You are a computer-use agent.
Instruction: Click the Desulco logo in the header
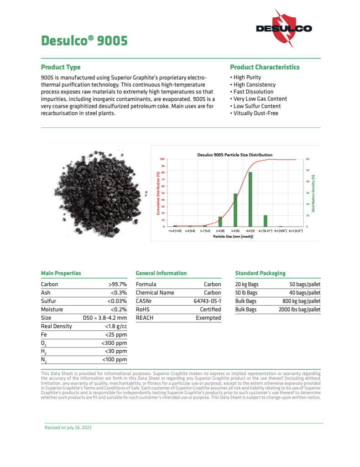pyautogui.click(x=283, y=28)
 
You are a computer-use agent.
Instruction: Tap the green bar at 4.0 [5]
pyautogui.click(x=250, y=199)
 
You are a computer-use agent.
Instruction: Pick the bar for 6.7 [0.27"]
pyautogui.click(x=266, y=221)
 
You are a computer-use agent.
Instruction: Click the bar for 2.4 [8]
pyautogui.click(x=220, y=222)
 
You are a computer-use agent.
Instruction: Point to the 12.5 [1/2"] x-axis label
pyautogui.click(x=296, y=232)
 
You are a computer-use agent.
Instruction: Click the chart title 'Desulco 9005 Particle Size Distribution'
pyautogui.click(x=235, y=155)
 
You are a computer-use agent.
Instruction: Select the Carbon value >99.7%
pyautogui.click(x=117, y=284)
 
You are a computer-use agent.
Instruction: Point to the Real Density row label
pyautogui.click(x=56, y=326)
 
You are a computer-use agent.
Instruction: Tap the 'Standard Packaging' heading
pyautogui.click(x=260, y=273)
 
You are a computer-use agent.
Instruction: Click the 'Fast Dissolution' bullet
pyautogui.click(x=254, y=92)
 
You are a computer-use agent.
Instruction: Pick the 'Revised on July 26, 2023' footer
pyautogui.click(x=71, y=428)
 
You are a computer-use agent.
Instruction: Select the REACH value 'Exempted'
pyautogui.click(x=208, y=318)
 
